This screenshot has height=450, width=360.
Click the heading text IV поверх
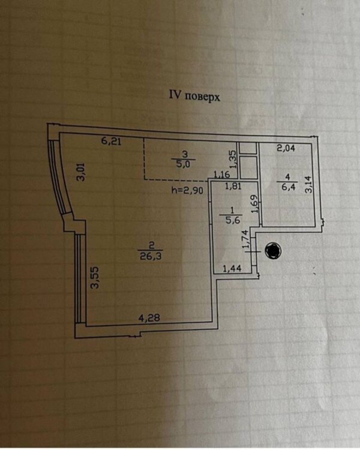(x=193, y=95)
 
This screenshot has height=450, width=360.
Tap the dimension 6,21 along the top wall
(x=111, y=142)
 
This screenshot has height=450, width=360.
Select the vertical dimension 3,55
(x=94, y=280)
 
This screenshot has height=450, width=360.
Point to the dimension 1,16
(x=223, y=175)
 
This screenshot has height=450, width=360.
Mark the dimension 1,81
(x=233, y=187)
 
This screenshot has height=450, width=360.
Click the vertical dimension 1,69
(x=254, y=205)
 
